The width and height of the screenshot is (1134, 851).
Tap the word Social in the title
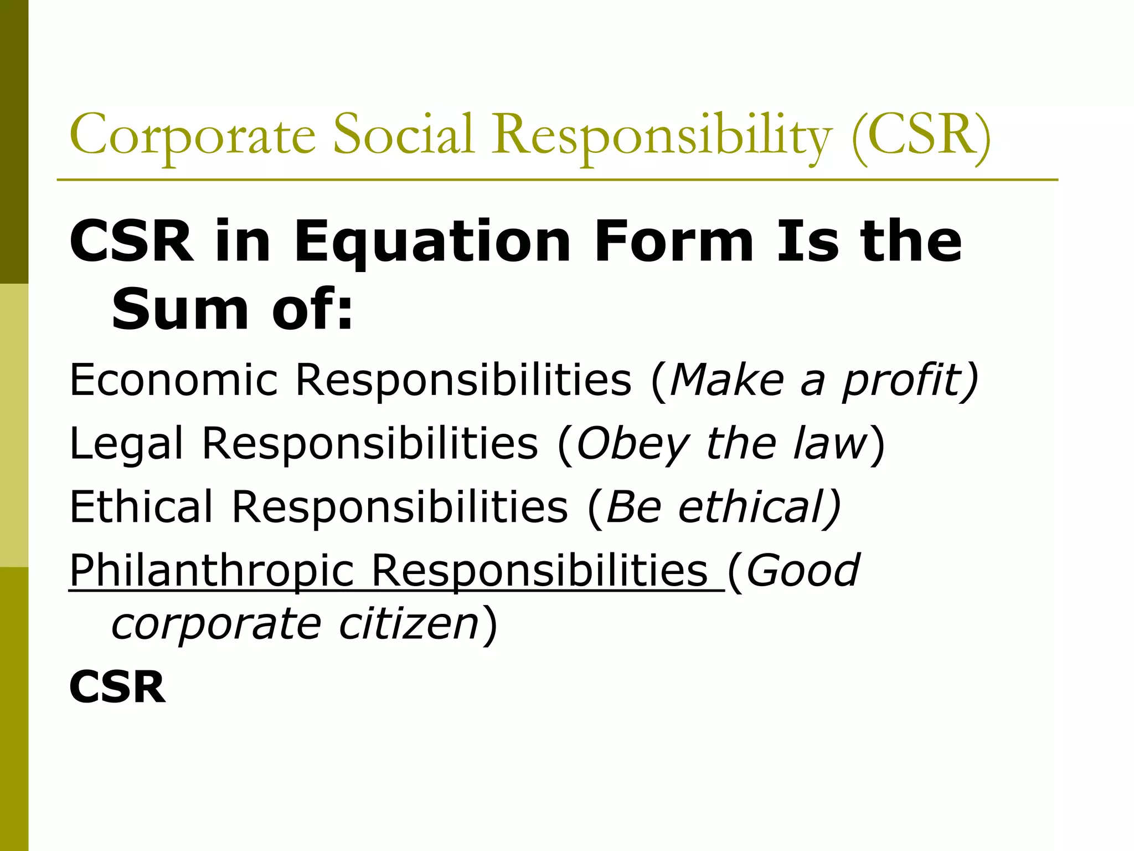[404, 134]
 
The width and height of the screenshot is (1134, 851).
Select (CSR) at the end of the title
[921, 135]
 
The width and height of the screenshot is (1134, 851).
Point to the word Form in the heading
[673, 241]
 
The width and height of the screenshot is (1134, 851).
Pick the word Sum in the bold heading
[180, 309]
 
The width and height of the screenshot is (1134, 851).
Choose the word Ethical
[141, 507]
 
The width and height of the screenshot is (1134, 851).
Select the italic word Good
[803, 571]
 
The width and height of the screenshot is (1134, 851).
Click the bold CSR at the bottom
[117, 687]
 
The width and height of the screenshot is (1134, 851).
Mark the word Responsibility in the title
[662, 135]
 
